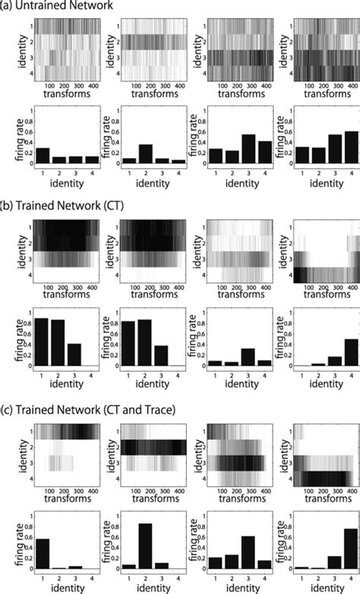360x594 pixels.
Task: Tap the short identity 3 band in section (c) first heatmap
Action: pos(61,462)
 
